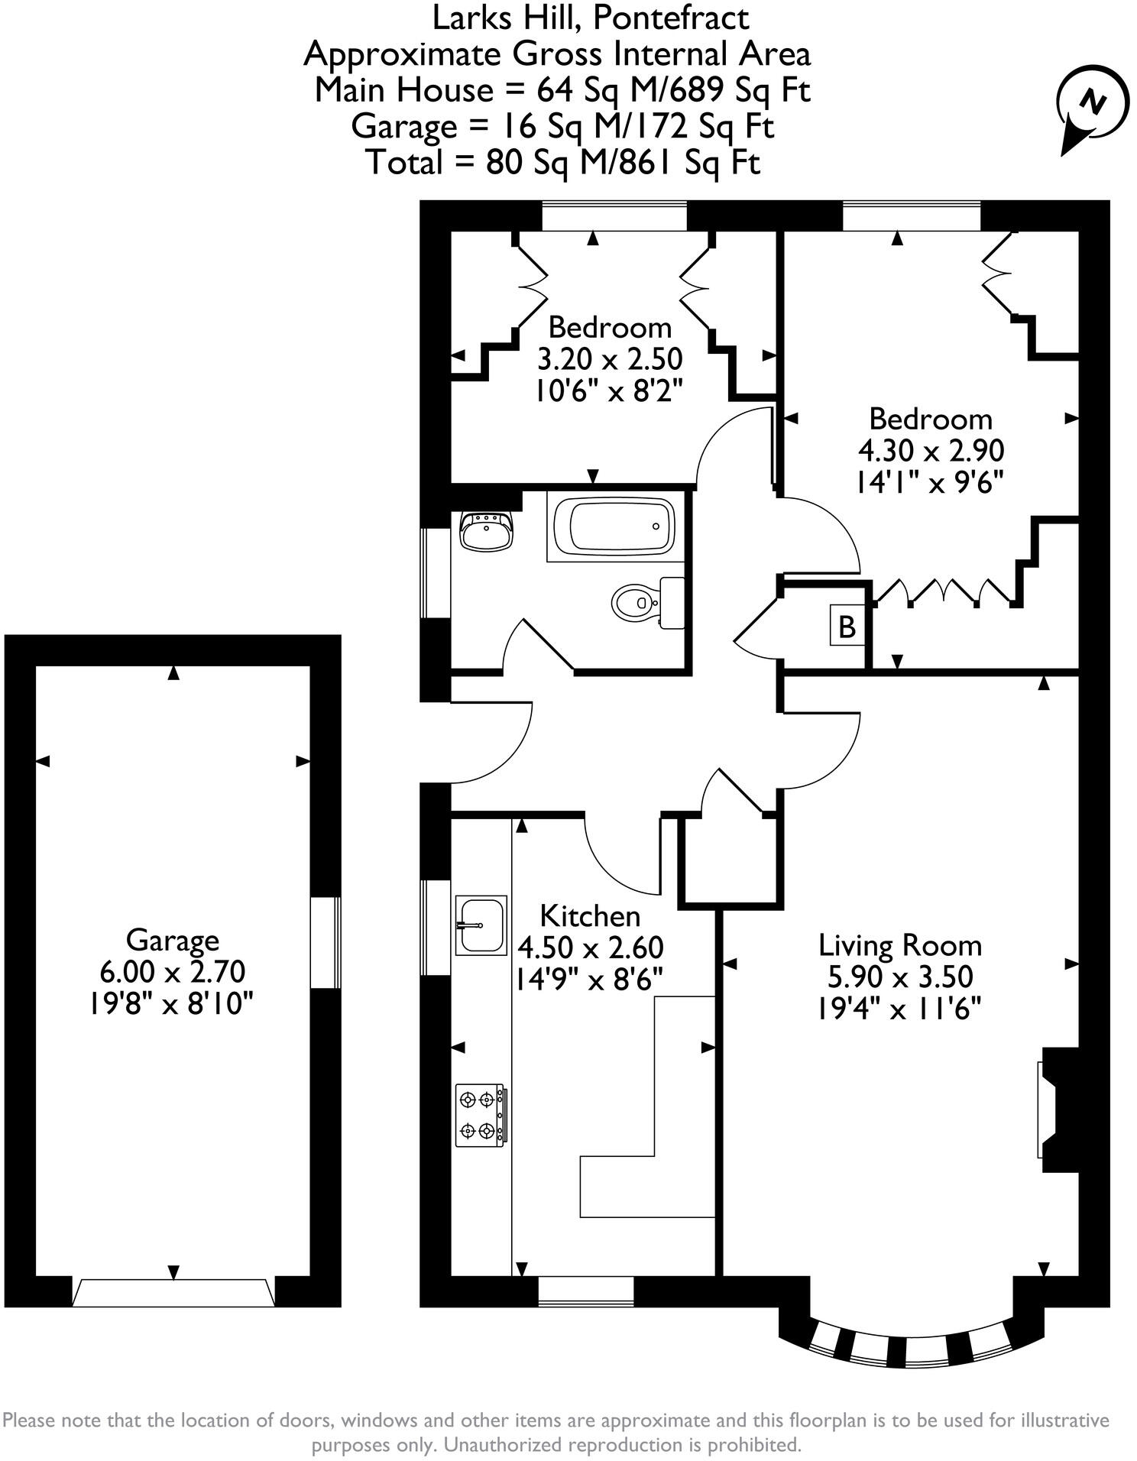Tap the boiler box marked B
click(847, 627)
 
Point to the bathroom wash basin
click(486, 530)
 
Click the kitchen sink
click(481, 925)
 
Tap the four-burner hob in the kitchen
click(480, 1116)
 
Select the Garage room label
click(172, 940)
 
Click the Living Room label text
click(900, 946)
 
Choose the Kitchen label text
click(590, 915)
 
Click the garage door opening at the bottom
click(173, 1293)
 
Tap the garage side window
click(326, 943)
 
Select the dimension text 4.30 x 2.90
click(931, 451)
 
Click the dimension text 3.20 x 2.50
click(610, 359)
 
